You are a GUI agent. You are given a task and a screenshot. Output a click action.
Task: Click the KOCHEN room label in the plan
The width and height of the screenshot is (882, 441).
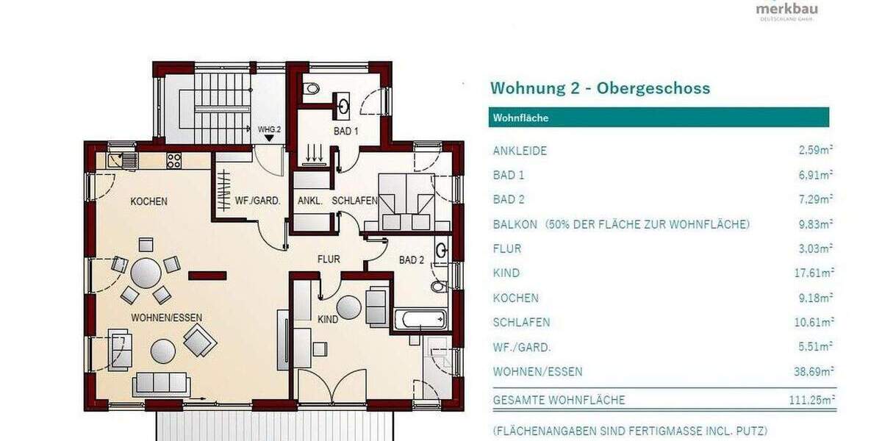coord(149,201)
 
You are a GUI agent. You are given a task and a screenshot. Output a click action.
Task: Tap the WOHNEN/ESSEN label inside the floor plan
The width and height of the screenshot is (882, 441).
coord(167,318)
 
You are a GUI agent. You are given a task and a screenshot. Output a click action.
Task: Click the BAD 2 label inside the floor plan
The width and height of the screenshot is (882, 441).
coord(412,259)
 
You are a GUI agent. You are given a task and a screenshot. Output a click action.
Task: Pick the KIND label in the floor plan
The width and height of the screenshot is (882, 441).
coord(328,320)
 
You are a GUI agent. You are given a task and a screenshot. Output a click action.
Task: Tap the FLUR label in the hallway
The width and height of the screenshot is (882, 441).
coord(329,259)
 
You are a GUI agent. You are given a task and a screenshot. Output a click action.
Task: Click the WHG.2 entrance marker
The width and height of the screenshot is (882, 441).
coord(270,130)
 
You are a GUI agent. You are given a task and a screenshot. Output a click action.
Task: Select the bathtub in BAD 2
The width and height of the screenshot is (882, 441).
coord(420,320)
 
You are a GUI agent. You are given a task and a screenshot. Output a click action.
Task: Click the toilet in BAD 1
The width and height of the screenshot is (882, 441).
coord(312,89)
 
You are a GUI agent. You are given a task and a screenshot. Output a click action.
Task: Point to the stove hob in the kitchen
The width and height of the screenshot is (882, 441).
coord(174,159)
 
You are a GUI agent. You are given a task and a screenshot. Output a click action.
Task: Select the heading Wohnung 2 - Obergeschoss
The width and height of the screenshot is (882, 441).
coord(600,88)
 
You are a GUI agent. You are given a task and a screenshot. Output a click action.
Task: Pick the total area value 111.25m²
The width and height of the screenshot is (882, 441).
coord(811,400)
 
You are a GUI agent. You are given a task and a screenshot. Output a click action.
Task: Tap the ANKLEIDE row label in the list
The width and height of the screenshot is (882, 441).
coord(520,151)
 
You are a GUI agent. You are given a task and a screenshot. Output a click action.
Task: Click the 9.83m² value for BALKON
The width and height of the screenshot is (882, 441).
coord(816,224)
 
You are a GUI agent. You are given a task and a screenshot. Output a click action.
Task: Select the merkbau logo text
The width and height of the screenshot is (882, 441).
coord(786,8)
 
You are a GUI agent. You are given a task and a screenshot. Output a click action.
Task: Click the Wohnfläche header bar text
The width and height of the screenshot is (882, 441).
coord(520,118)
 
